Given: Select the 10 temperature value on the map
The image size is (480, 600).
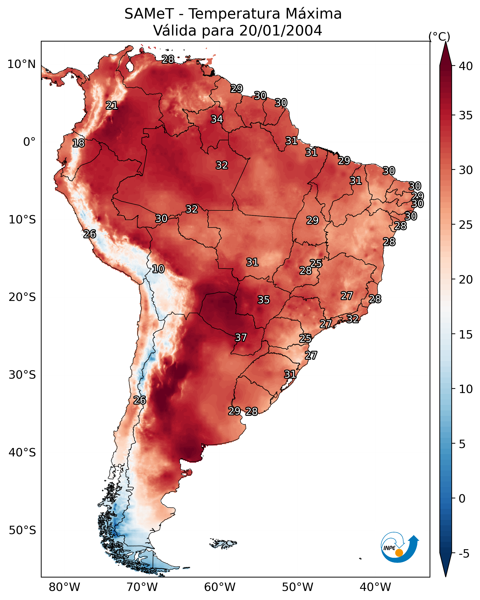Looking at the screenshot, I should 158,269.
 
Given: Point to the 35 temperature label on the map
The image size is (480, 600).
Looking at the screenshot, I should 264,300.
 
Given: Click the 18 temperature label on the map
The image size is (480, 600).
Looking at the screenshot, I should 78,143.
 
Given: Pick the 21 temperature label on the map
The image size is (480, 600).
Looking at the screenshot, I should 112,106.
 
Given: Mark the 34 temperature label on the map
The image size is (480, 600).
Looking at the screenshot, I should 217,119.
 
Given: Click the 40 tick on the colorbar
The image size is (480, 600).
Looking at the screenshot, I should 466,66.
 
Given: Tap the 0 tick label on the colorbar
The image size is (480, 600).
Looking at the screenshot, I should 462,499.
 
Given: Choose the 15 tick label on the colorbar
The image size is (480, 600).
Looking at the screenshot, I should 466,335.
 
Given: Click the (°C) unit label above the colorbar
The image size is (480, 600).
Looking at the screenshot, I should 439,37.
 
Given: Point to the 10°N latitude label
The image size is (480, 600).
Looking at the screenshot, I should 21,64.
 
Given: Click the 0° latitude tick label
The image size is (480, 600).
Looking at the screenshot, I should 29,142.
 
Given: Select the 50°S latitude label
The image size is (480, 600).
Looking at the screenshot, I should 22,530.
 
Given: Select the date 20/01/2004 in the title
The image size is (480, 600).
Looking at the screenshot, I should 281,31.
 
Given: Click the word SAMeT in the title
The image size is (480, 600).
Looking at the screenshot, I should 149,14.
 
